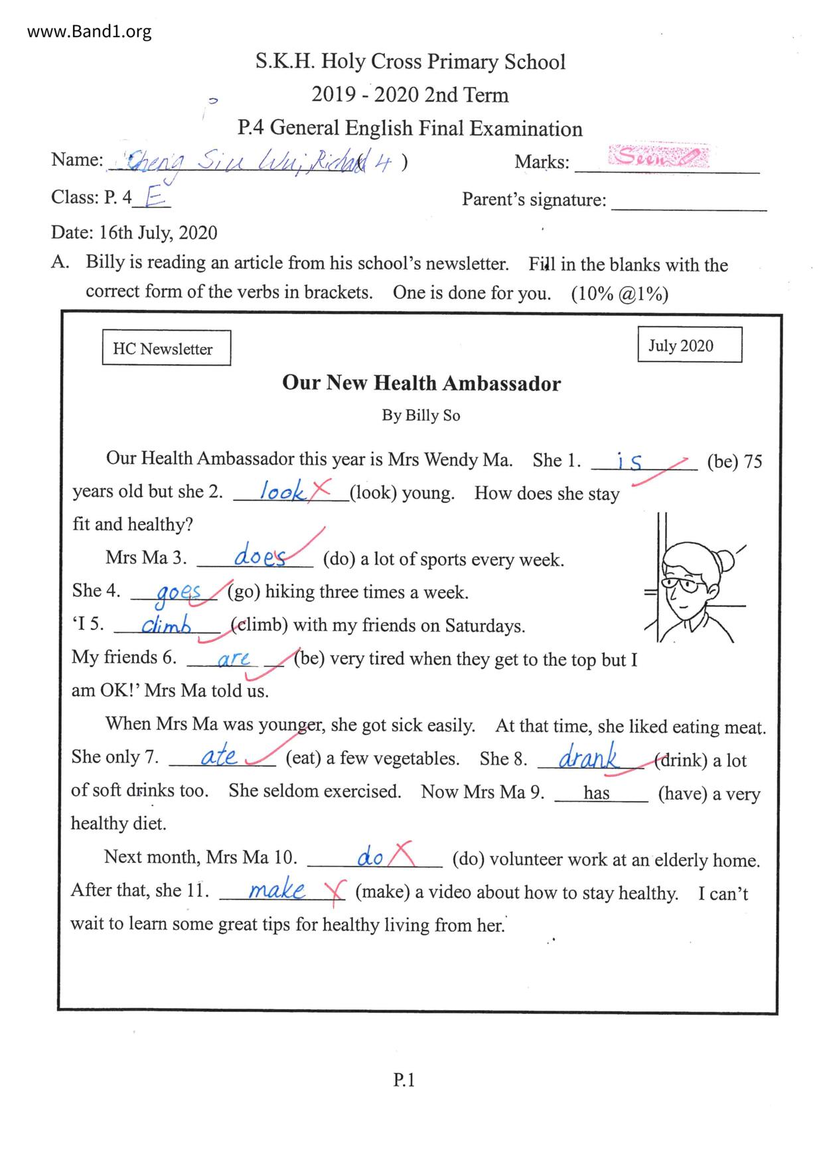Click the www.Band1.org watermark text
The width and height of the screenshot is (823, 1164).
coord(89,31)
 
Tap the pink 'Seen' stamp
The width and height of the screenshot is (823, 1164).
coord(657,157)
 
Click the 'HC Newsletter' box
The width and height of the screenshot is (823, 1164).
coord(166,348)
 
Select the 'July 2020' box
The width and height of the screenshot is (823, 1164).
coord(689,345)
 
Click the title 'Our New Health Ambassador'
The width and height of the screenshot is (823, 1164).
coord(421,384)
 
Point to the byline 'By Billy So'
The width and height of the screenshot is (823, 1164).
coord(421,415)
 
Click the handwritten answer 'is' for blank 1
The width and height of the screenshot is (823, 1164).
coord(629,461)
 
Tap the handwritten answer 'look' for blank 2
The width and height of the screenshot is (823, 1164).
coord(282,492)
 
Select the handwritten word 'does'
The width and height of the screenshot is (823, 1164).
coord(260,556)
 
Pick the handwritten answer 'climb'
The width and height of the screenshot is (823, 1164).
coord(166,624)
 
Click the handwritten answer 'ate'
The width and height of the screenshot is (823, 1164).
coord(218,756)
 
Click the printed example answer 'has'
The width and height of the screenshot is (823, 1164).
coord(596,792)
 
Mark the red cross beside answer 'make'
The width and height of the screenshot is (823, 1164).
coord(337,891)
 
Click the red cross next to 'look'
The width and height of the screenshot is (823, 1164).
coord(321,490)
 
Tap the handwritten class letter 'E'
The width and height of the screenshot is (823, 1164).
coord(153,196)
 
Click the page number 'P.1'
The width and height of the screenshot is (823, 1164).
coord(404,1080)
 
